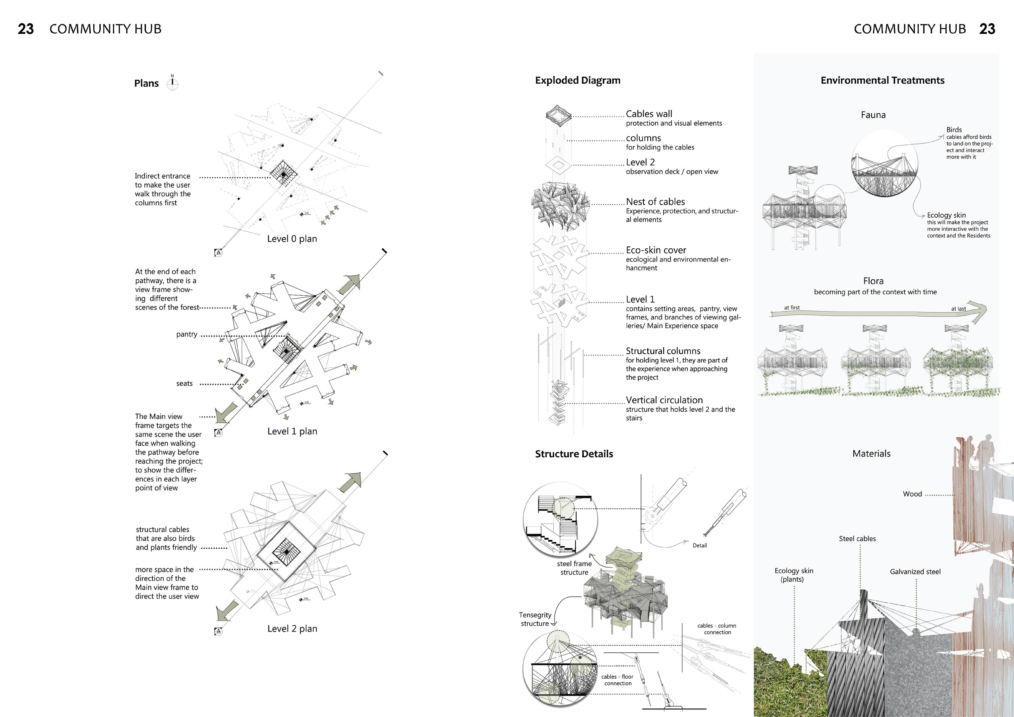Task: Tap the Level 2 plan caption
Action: (x=292, y=629)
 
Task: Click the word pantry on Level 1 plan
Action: (x=186, y=334)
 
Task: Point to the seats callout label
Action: (x=184, y=383)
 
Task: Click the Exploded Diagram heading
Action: (x=578, y=80)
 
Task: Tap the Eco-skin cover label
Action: (x=656, y=250)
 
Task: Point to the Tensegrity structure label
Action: (x=535, y=619)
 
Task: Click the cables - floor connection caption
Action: (x=617, y=680)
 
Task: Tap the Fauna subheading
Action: (x=873, y=115)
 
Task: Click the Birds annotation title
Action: (x=954, y=130)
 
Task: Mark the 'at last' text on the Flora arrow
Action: (x=958, y=309)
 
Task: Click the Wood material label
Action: (x=912, y=494)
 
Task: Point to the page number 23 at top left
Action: (x=26, y=29)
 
